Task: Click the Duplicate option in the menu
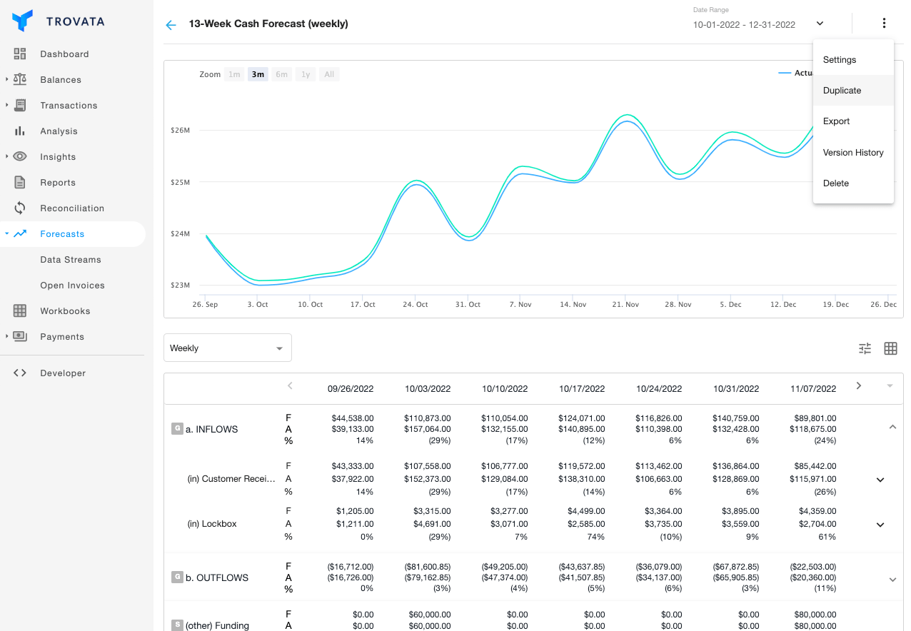tap(842, 91)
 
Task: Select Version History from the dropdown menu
tap(852, 153)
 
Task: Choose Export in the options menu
tap(836, 121)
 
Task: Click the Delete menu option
tap(835, 183)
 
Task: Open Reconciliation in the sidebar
tap(71, 208)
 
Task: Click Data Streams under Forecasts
tap(70, 260)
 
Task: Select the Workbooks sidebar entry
tap(65, 311)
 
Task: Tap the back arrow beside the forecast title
tap(171, 25)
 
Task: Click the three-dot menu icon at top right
tap(884, 24)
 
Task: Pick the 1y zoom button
tap(306, 74)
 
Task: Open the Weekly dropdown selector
tap(227, 348)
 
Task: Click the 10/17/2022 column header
tap(581, 389)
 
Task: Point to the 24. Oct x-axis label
tap(416, 305)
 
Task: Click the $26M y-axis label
tap(180, 131)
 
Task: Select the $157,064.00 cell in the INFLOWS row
tap(428, 429)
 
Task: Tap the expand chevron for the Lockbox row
tap(880, 525)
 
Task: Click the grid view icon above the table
tap(890, 348)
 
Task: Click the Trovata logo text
tap(75, 21)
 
